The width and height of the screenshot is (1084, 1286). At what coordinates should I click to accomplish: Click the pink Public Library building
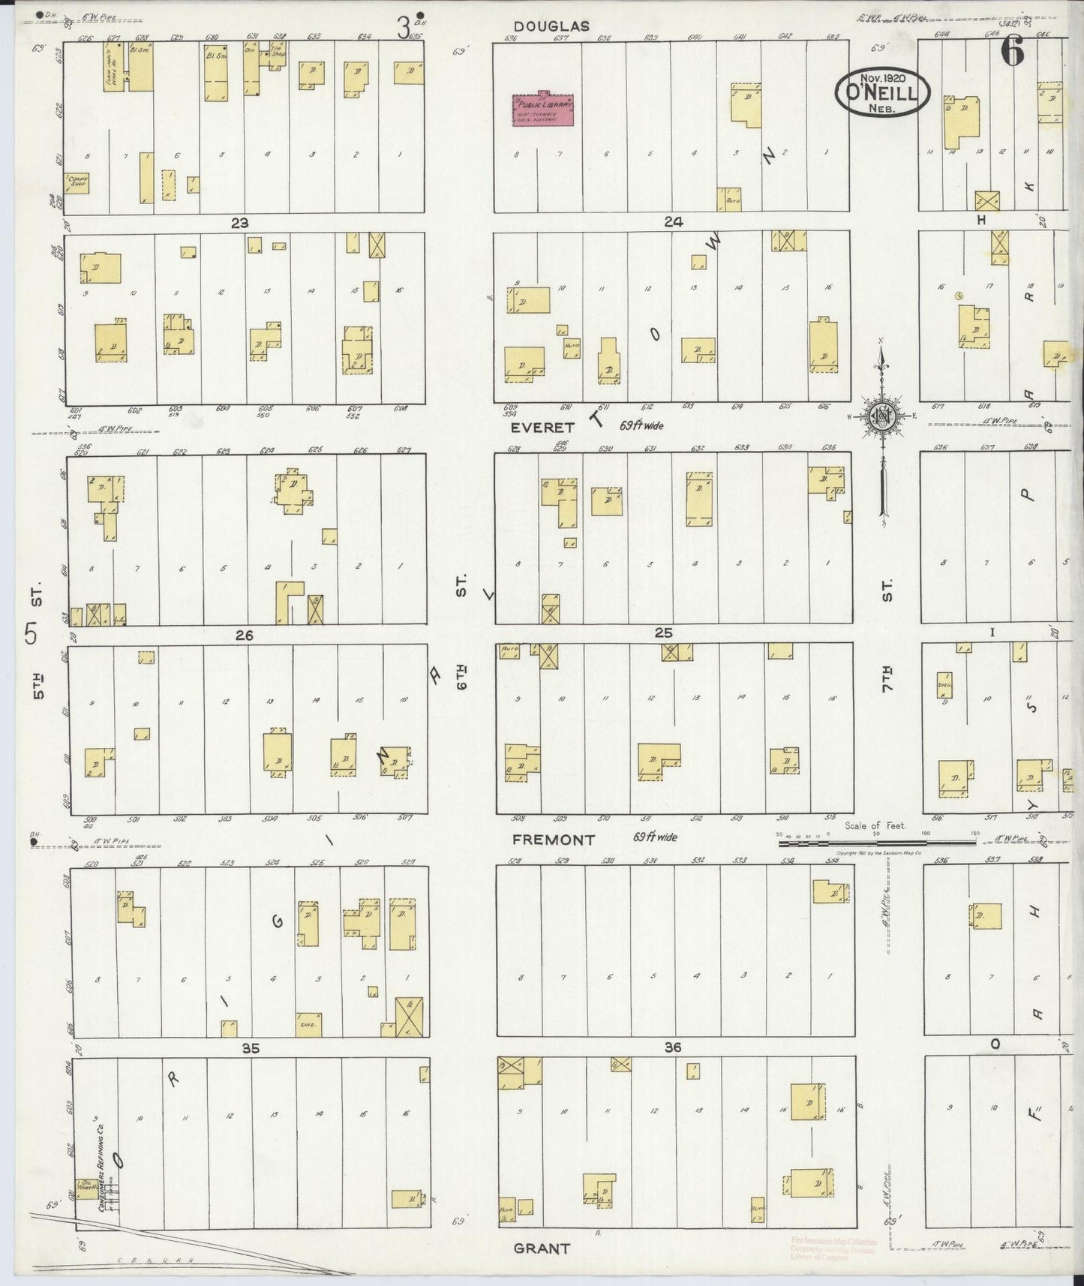click(543, 110)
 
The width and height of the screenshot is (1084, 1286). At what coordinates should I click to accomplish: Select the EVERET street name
click(542, 428)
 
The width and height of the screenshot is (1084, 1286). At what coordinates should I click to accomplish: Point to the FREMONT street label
click(554, 840)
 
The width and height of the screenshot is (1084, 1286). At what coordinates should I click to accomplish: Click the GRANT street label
click(542, 1248)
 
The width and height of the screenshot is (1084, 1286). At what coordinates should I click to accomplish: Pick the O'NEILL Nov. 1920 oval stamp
click(882, 92)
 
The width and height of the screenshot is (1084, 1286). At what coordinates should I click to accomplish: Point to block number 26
click(244, 635)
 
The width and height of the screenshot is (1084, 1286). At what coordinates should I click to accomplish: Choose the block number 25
click(663, 633)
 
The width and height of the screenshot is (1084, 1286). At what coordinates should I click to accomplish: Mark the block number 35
click(251, 1049)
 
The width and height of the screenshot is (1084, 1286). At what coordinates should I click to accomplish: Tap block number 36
click(672, 1047)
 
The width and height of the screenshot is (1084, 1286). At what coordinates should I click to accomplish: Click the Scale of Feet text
click(875, 825)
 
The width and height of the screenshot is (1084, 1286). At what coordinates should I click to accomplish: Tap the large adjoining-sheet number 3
click(404, 29)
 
